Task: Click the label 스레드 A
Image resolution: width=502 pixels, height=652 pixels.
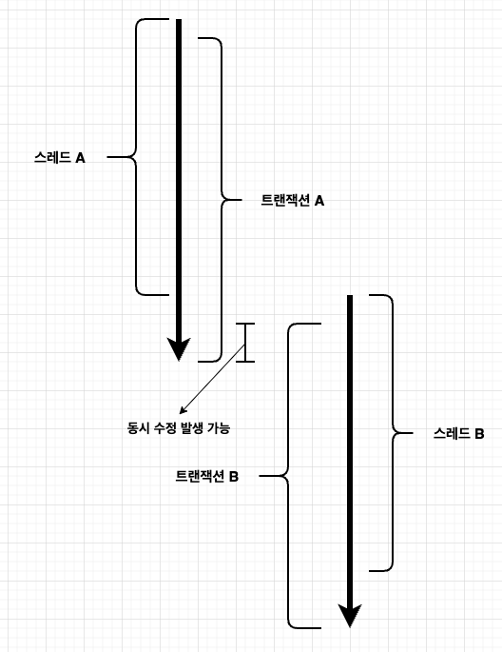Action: (x=59, y=158)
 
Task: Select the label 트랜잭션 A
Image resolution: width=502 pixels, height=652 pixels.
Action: (x=292, y=201)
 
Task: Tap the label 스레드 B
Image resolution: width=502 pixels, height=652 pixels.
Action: (x=458, y=433)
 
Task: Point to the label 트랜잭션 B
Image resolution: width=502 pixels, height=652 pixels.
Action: (x=206, y=476)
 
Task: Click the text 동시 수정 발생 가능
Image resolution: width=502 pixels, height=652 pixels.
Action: (x=179, y=428)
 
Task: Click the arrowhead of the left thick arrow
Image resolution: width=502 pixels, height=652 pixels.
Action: (x=179, y=349)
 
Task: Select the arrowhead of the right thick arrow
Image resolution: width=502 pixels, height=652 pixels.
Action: (x=350, y=616)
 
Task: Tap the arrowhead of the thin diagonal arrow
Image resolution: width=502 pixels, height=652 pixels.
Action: (x=183, y=411)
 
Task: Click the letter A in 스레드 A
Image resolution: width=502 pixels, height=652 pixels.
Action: (x=80, y=158)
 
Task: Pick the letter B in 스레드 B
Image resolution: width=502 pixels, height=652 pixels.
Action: (x=479, y=434)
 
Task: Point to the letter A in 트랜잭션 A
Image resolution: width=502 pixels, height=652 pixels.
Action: (x=319, y=201)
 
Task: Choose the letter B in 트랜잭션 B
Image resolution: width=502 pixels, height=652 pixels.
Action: (x=234, y=477)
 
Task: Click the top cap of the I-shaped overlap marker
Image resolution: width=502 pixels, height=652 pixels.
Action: (x=245, y=323)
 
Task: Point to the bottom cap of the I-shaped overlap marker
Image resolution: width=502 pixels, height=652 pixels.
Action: (x=245, y=362)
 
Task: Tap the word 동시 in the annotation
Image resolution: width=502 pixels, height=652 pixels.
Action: (x=138, y=428)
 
